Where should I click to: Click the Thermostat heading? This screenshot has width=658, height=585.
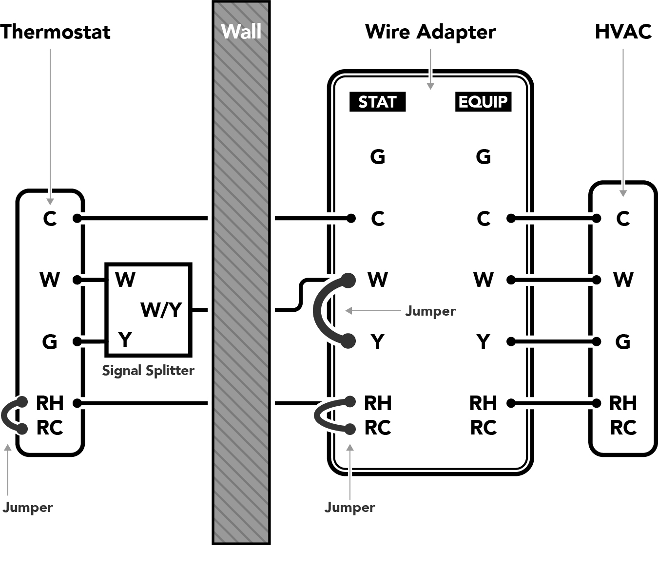tap(55, 32)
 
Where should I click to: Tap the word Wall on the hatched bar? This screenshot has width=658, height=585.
tap(241, 32)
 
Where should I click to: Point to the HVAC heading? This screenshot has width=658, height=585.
tap(623, 32)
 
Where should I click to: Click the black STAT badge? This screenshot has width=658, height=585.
tap(377, 102)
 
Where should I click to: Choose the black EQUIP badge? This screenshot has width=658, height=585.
tap(484, 102)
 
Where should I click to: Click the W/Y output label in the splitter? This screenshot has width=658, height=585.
tap(161, 310)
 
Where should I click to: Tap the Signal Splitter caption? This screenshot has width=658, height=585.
tap(148, 371)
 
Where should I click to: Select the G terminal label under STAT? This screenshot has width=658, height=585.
tap(378, 156)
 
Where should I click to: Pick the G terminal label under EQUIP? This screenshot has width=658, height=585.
tap(484, 156)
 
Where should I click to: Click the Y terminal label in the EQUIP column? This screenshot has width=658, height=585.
tap(484, 341)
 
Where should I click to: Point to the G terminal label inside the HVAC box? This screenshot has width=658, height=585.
tap(623, 341)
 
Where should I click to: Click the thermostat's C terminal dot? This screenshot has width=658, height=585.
tap(77, 218)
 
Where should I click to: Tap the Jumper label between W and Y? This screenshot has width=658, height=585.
tap(430, 311)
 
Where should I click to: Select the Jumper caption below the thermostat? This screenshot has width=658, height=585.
tap(28, 508)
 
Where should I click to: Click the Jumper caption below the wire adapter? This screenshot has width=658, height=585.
tap(350, 508)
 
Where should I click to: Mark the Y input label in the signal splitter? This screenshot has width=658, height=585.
tap(125, 340)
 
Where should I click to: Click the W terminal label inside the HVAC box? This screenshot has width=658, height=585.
tap(623, 280)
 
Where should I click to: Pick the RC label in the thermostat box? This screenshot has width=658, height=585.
tap(50, 428)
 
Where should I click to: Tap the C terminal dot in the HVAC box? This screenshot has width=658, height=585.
tap(597, 218)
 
